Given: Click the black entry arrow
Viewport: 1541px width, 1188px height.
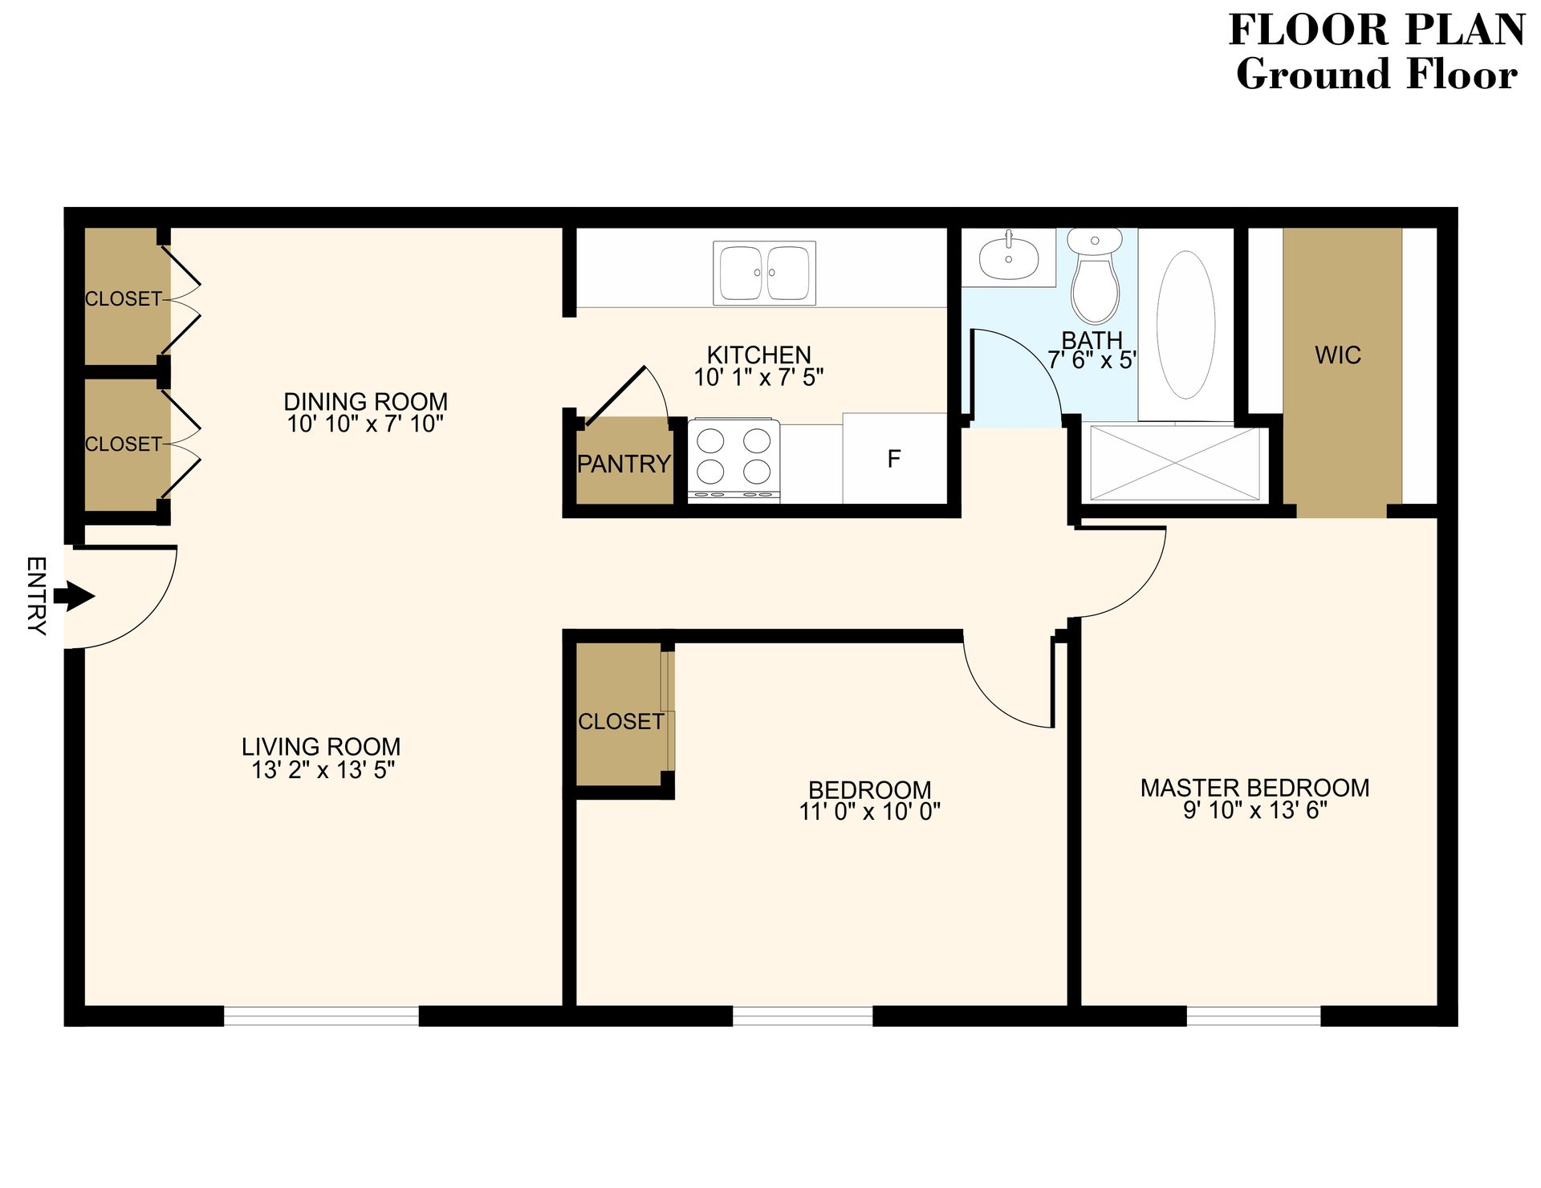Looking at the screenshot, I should [x=74, y=597].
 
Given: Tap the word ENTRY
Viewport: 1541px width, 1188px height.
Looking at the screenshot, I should [x=36, y=596].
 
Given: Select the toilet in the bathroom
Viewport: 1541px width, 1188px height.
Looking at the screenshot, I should [x=1095, y=278].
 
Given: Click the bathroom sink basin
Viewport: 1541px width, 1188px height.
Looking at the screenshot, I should [x=1008, y=255].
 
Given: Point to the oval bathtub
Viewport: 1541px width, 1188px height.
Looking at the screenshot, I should [x=1185, y=324].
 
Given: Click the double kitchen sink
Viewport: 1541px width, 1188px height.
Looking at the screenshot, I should [x=764, y=273].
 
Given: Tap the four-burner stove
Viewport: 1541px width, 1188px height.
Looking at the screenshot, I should [x=734, y=457].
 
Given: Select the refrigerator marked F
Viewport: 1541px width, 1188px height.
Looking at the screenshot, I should [x=894, y=459].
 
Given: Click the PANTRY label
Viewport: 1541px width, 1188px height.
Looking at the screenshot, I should [x=624, y=464].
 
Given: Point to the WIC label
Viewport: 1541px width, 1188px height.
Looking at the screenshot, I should [x=1338, y=355].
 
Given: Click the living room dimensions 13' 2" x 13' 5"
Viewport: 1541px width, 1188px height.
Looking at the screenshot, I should [x=323, y=770].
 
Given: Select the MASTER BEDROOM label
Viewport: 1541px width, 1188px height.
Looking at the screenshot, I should [x=1254, y=788].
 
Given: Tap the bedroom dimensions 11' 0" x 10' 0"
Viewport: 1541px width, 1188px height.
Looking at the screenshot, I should [x=869, y=812].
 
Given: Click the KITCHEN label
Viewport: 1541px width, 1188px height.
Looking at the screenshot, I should [x=758, y=355].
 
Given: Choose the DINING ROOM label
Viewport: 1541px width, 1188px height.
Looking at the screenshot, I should [x=365, y=401].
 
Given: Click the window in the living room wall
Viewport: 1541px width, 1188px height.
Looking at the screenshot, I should [x=321, y=1016].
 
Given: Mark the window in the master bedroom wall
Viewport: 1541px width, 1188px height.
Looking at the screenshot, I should [x=1253, y=1016].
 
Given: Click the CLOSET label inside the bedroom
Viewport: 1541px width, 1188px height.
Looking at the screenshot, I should [x=621, y=721].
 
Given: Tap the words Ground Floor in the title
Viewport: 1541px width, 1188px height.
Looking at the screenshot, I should [x=1376, y=75].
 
